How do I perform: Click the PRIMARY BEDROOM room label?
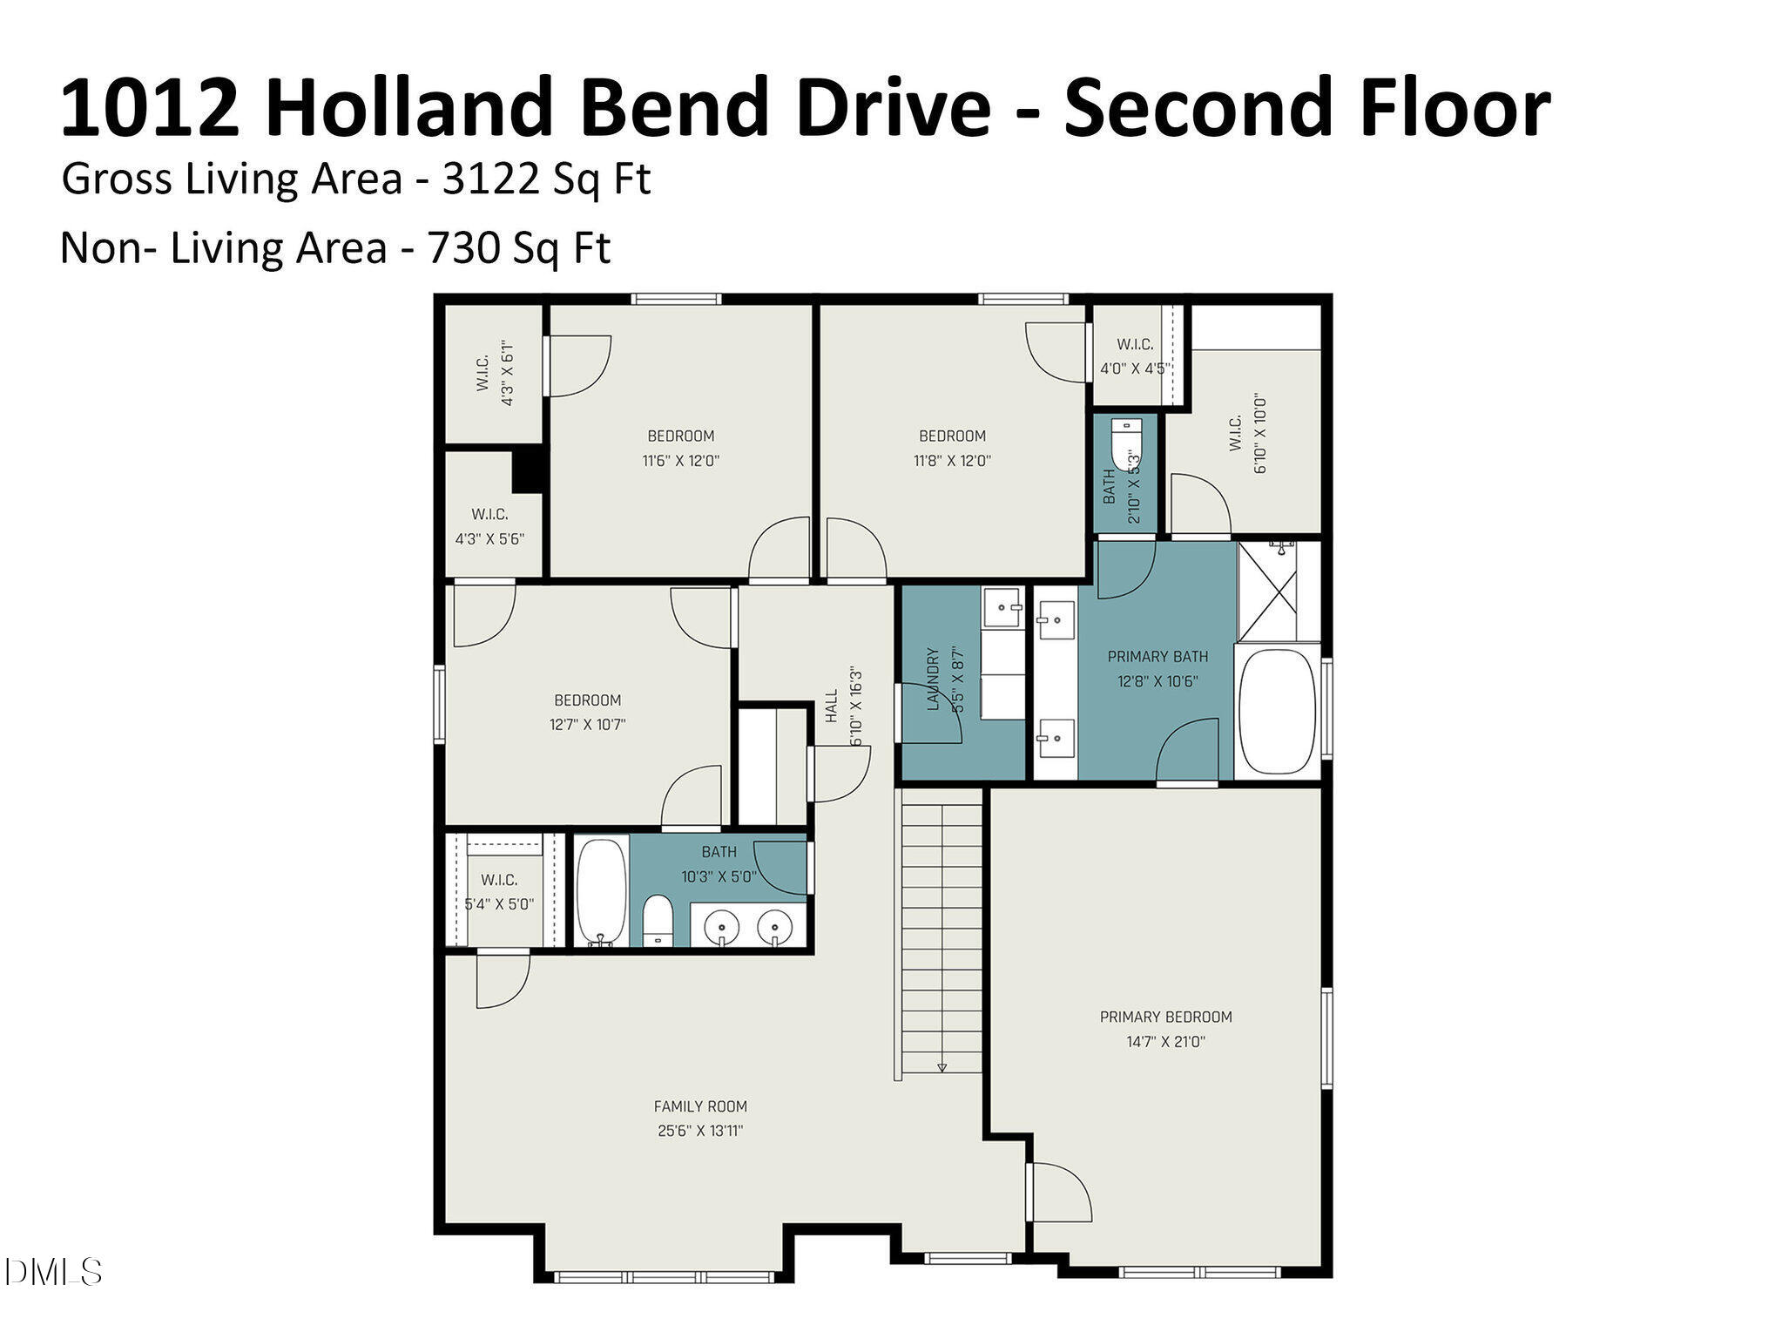pyautogui.click(x=1165, y=1017)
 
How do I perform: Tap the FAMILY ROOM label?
pyautogui.click(x=700, y=1106)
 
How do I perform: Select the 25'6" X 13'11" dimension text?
pyautogui.click(x=700, y=1131)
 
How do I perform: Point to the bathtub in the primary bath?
pyautogui.click(x=1278, y=714)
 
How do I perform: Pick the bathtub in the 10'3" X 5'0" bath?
pyautogui.click(x=600, y=890)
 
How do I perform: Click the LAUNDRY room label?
pyautogui.click(x=934, y=679)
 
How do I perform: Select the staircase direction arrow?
pyautogui.click(x=941, y=1066)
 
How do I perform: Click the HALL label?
pyautogui.click(x=832, y=705)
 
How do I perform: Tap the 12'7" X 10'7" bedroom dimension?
pyautogui.click(x=588, y=724)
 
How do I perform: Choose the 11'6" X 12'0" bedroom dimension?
pyautogui.click(x=681, y=461)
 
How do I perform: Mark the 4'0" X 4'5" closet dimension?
pyautogui.click(x=1133, y=368)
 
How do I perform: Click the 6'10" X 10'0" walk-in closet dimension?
pyautogui.click(x=1260, y=436)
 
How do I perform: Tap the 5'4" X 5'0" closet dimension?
pyautogui.click(x=499, y=904)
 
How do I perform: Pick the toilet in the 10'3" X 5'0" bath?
pyautogui.click(x=658, y=922)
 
